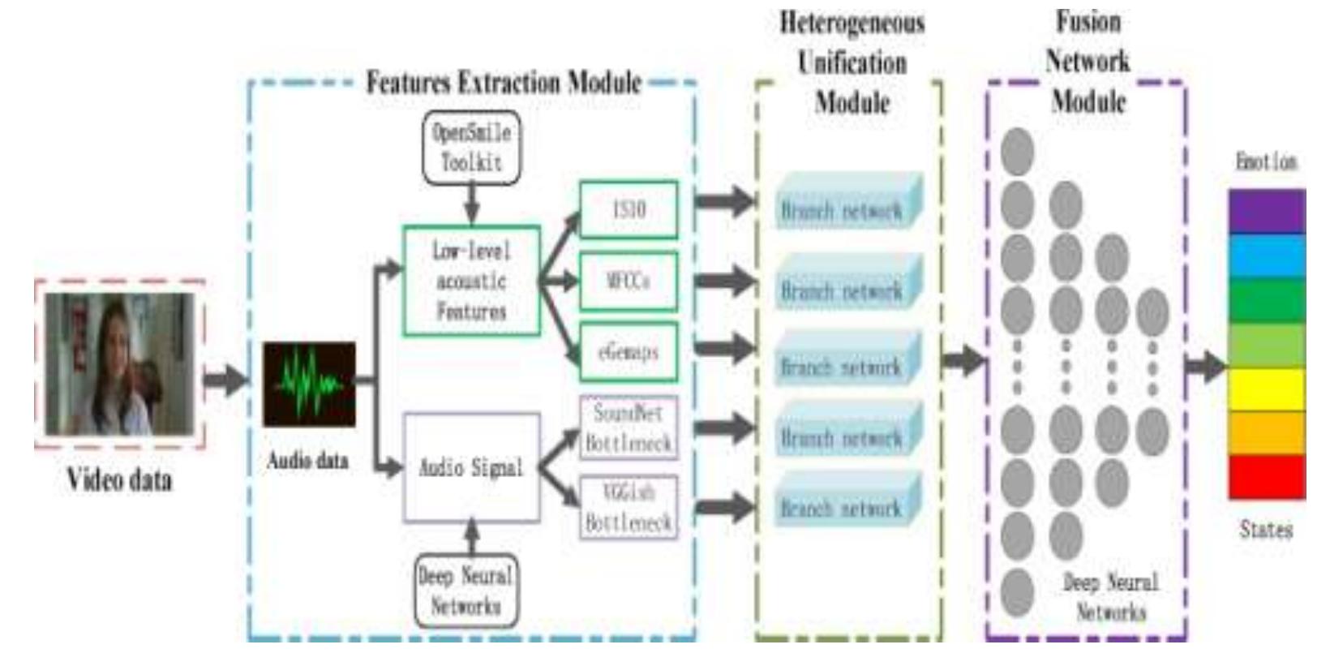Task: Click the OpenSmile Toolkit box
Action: pos(471,147)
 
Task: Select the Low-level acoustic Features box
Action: pos(471,281)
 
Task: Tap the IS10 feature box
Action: pos(629,209)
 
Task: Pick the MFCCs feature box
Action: pos(629,281)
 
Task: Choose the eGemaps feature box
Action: pos(629,352)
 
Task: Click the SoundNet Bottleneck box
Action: pos(629,428)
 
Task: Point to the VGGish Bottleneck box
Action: pos(629,507)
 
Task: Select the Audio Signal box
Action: pos(471,467)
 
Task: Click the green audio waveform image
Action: pos(309,384)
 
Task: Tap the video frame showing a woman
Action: pos(119,364)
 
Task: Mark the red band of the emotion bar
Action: pos(1267,476)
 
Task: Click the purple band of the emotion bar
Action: pos(1267,211)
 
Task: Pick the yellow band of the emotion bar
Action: pos(1267,389)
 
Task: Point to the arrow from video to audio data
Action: pos(225,379)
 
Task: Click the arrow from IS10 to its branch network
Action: pos(724,201)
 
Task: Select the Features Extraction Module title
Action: pos(504,82)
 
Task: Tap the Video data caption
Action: pos(119,479)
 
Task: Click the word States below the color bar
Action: pos(1265,530)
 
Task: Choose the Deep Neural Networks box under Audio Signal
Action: pos(466,591)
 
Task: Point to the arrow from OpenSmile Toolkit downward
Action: pos(471,204)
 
